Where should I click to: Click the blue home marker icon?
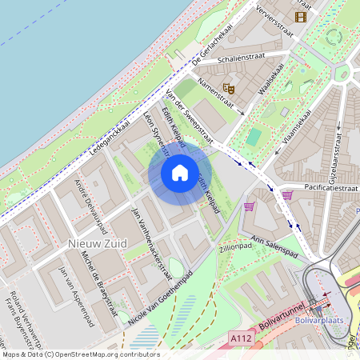click(180, 172)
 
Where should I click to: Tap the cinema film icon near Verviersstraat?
click(301, 16)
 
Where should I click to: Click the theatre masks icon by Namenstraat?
click(229, 87)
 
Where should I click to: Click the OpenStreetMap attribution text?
click(80, 354)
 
